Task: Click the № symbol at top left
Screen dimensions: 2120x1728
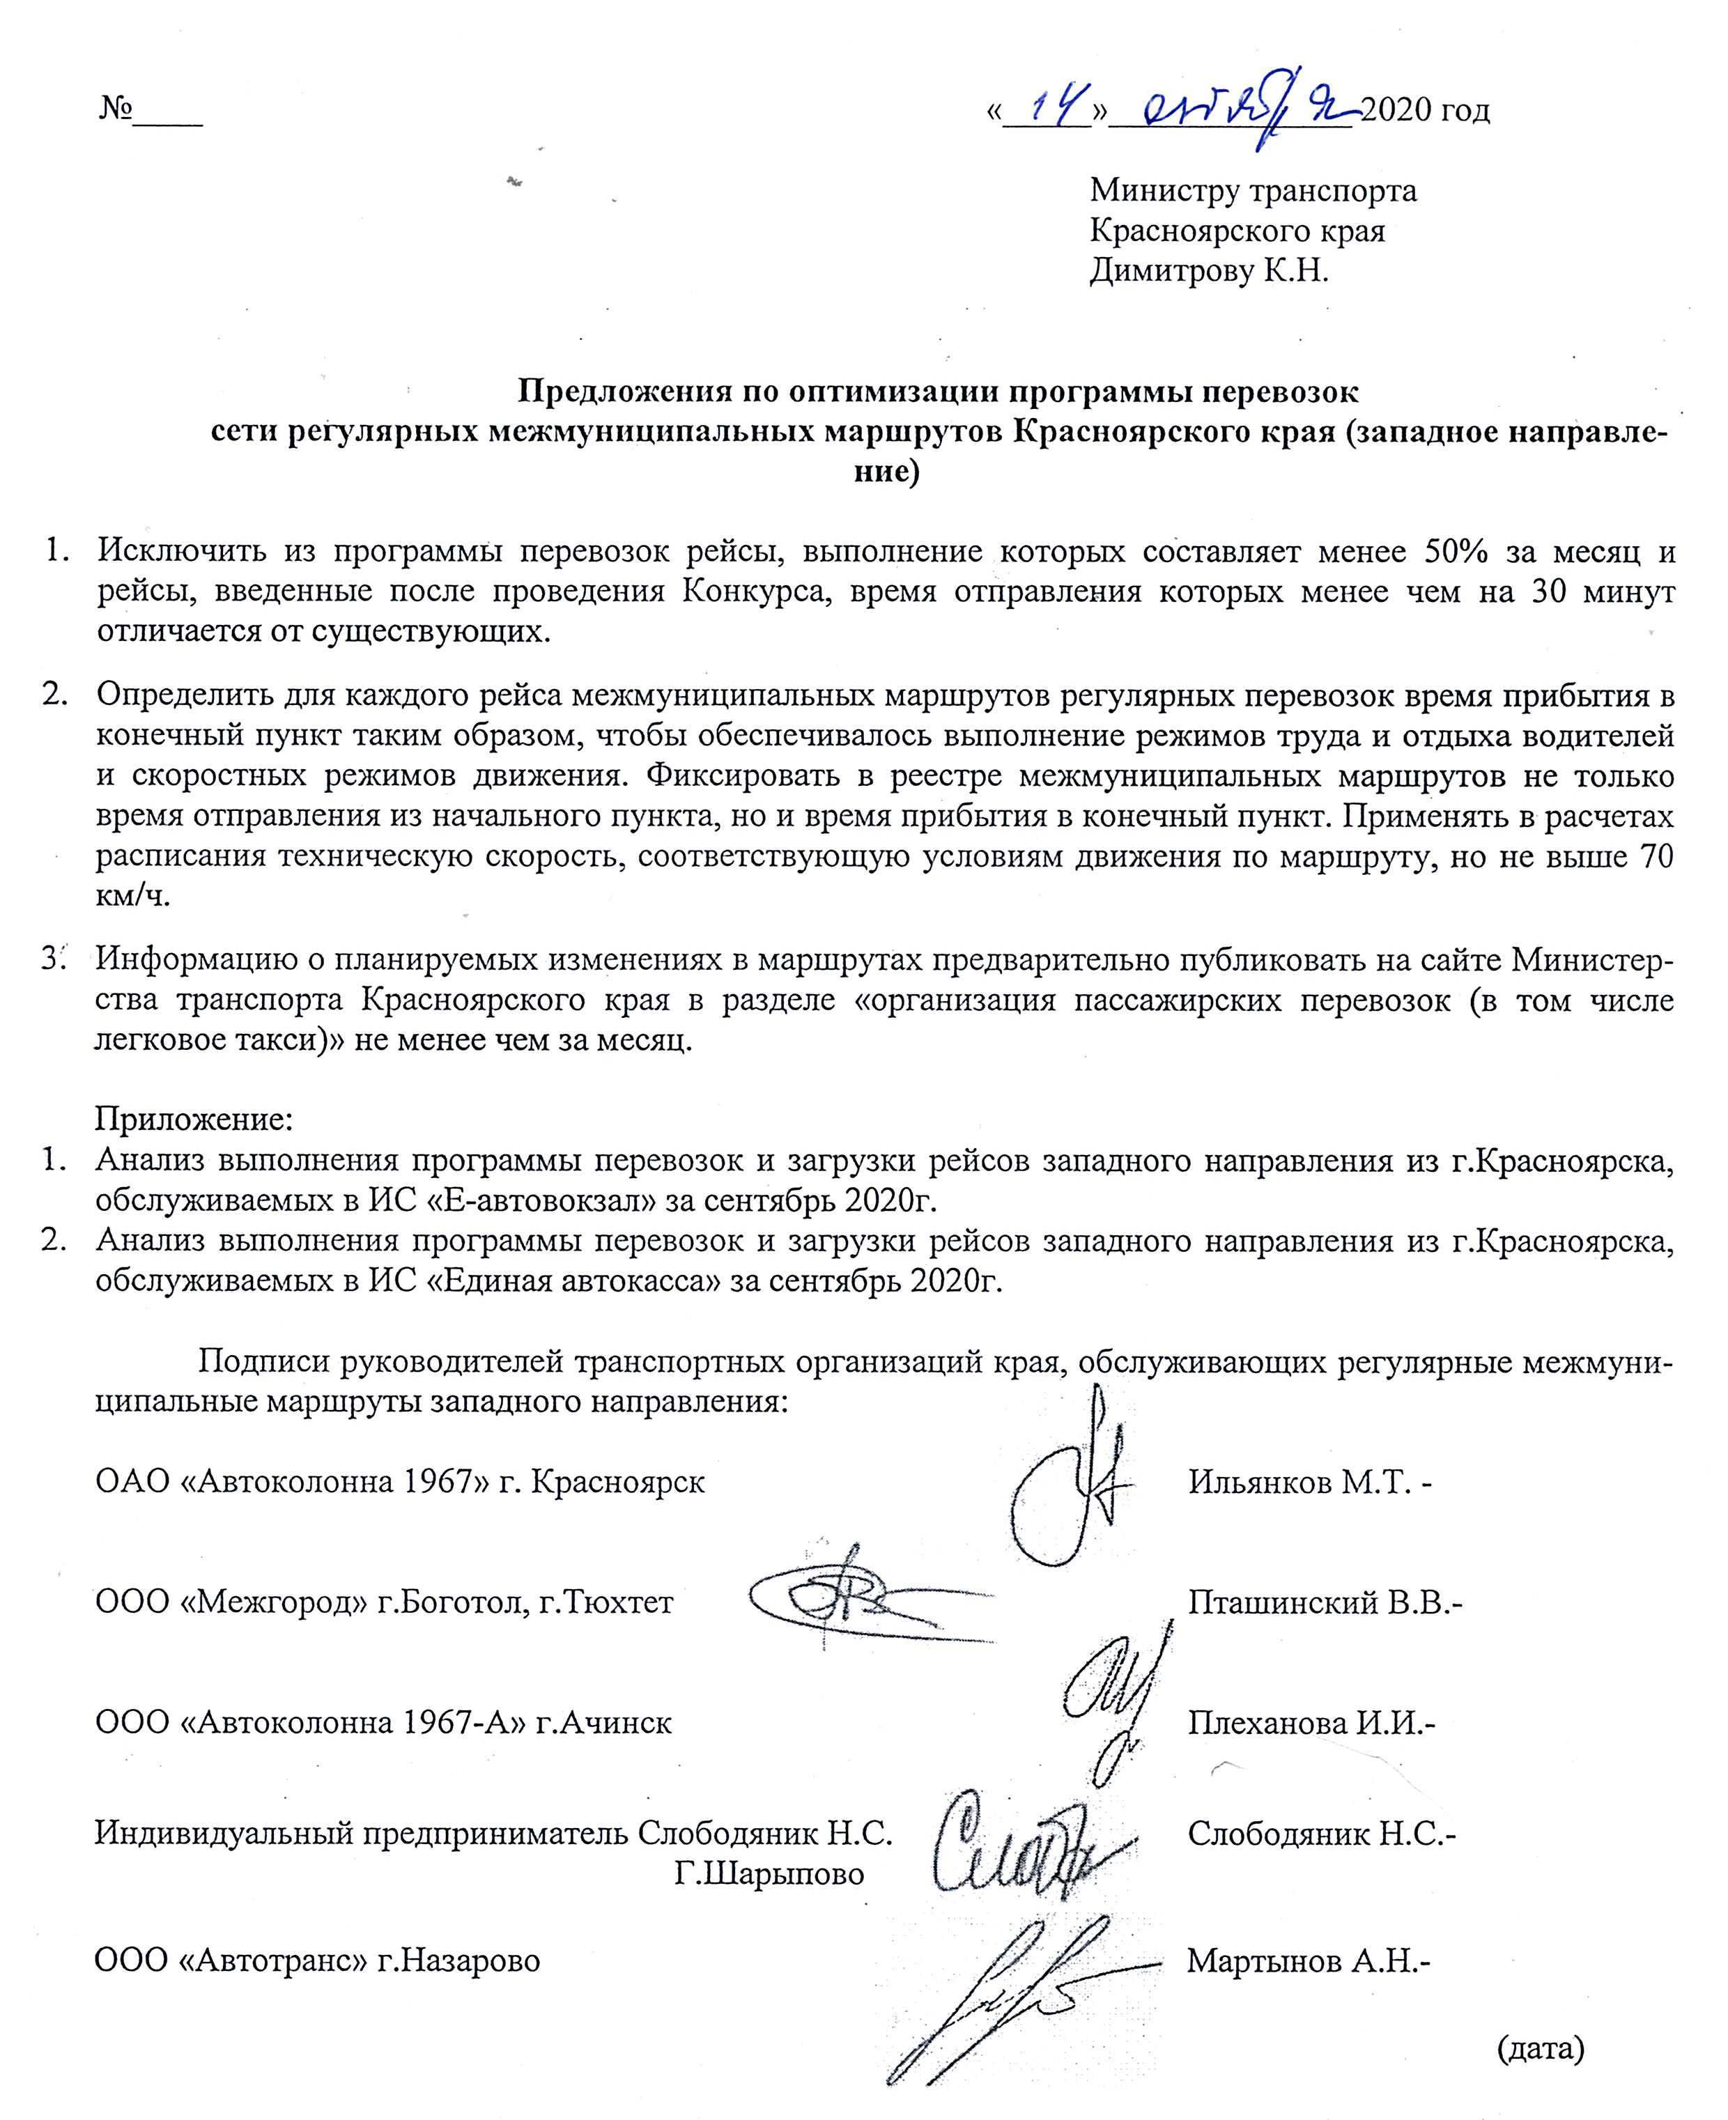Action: click(x=116, y=107)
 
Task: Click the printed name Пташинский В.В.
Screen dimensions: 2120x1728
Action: click(x=1324, y=1602)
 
